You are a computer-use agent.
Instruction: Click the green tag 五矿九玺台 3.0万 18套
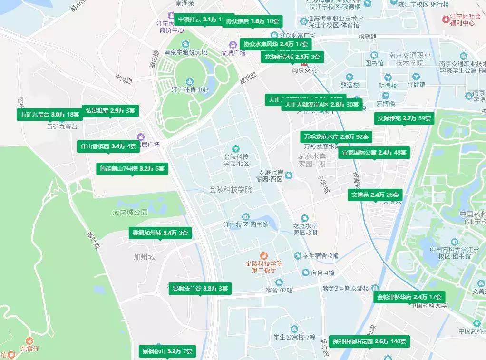49,115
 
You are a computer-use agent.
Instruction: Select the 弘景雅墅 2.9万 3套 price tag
110,110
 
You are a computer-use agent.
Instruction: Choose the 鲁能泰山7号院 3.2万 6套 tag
132,168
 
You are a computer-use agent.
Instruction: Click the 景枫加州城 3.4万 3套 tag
160,233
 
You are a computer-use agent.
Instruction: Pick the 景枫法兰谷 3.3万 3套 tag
200,288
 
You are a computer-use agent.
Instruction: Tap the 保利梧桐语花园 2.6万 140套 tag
369,341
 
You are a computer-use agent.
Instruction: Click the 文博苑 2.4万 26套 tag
375,195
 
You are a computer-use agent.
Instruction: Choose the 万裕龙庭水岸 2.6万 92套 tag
336,137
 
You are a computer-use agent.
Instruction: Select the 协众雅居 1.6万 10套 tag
252,21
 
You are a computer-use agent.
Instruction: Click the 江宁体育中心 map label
190,89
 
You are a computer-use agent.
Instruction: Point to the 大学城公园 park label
130,212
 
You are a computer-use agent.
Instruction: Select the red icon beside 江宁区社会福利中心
446,19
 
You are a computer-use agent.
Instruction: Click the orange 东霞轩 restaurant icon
29,341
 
